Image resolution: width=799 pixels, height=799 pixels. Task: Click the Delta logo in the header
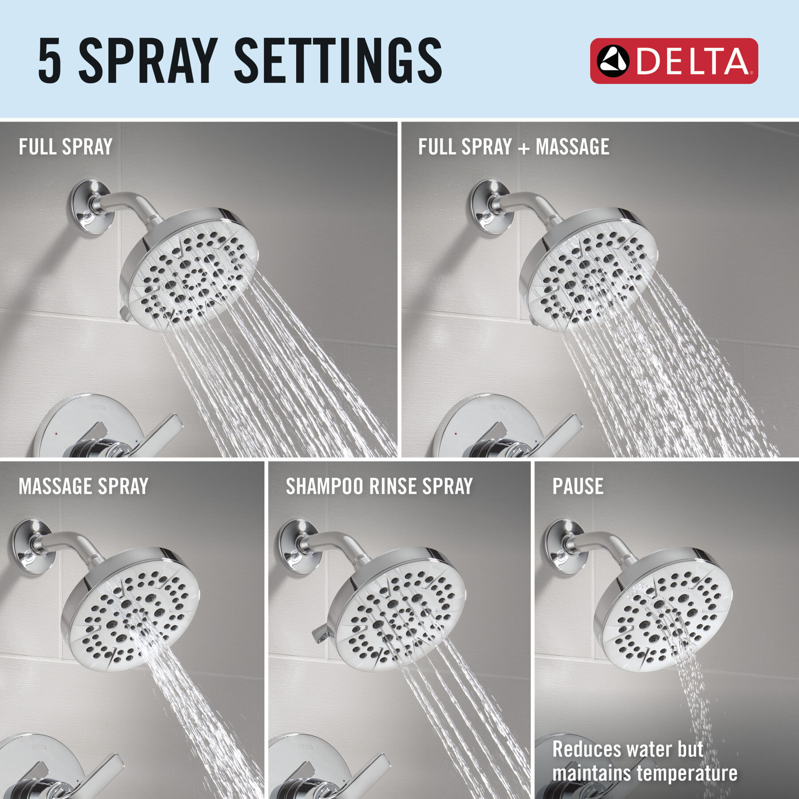[x=673, y=61]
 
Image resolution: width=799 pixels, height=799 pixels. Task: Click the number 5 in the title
[x=49, y=61]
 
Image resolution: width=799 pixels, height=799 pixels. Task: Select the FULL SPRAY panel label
[x=66, y=147]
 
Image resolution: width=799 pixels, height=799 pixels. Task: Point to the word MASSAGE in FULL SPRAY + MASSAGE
[x=572, y=147]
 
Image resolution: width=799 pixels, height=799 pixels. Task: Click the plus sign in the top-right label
[x=524, y=148]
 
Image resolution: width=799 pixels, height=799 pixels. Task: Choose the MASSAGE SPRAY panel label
[x=83, y=487]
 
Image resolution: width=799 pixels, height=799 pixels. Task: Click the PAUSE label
[x=577, y=487]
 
